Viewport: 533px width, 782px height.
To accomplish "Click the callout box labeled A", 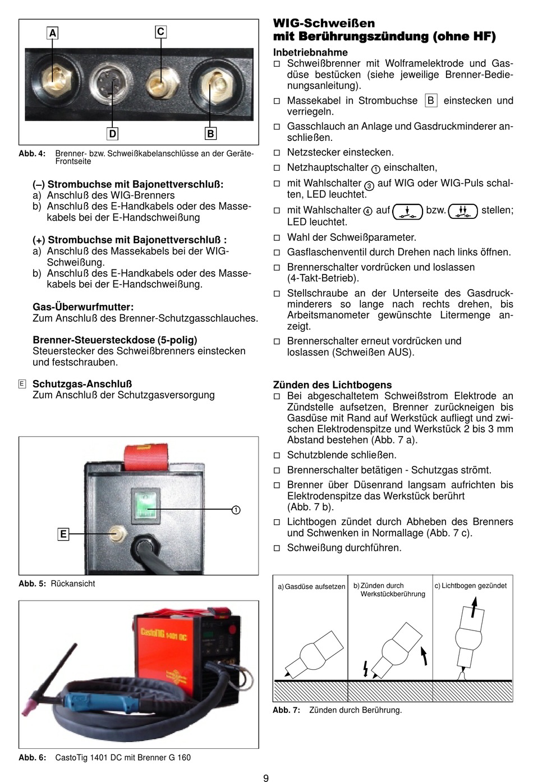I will (x=53, y=33).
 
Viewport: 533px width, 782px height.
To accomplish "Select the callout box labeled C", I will (x=160, y=31).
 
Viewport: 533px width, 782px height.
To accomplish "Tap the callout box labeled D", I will (x=112, y=134).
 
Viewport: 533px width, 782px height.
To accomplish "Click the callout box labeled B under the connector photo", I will (x=210, y=134).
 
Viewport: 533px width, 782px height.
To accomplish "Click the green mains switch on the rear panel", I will (x=145, y=503).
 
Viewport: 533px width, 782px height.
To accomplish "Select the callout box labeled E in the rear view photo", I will (x=63, y=534).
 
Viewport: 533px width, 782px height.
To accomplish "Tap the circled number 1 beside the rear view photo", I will (x=236, y=510).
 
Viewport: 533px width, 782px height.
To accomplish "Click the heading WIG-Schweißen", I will (x=324, y=23).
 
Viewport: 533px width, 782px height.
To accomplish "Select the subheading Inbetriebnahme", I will (x=310, y=52).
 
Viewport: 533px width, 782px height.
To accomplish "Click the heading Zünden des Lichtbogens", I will (x=332, y=385).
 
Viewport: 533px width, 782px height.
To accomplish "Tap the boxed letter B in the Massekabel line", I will (x=430, y=100).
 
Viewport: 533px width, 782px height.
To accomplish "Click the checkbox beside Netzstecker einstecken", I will (x=277, y=153).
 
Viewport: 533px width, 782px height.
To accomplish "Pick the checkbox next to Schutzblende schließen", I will (x=277, y=455).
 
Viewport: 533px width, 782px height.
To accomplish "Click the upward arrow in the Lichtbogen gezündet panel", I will (x=475, y=606).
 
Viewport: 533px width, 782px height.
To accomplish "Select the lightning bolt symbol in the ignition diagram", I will (x=366, y=668).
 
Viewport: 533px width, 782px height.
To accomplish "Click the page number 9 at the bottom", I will (x=266, y=778).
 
